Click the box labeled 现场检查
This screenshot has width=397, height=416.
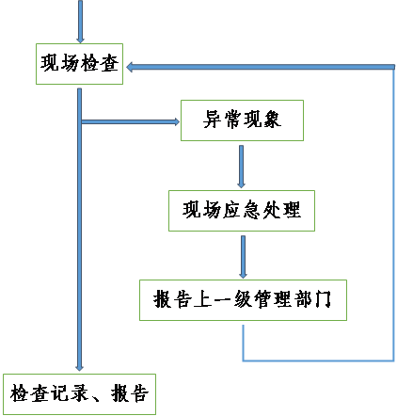coord(79,64)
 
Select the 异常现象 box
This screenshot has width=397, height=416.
coord(242,120)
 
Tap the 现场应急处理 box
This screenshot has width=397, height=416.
coord(242,211)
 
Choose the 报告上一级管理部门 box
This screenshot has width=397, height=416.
coord(243,300)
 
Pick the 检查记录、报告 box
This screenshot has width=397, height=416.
coord(79,394)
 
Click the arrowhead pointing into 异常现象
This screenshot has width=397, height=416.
coord(177,121)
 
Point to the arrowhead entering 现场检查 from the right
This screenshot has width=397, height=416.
coord(130,67)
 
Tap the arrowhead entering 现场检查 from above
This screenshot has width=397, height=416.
coord(80,40)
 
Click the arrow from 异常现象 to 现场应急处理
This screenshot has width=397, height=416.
coord(241,167)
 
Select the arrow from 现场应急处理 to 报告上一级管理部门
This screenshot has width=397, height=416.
coord(243,257)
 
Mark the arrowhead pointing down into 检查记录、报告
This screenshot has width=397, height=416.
coord(79,368)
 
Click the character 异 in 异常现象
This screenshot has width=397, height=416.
coord(213,120)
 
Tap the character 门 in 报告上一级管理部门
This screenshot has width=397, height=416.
coord(323,299)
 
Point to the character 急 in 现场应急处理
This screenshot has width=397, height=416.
coord(251,210)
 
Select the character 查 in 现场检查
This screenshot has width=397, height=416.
coord(109,63)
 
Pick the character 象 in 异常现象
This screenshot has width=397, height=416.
coord(272,120)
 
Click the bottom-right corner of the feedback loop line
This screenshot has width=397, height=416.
coord(393,360)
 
